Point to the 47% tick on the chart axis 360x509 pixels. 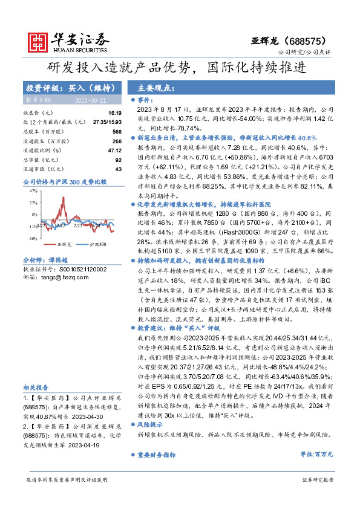(33, 190)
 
